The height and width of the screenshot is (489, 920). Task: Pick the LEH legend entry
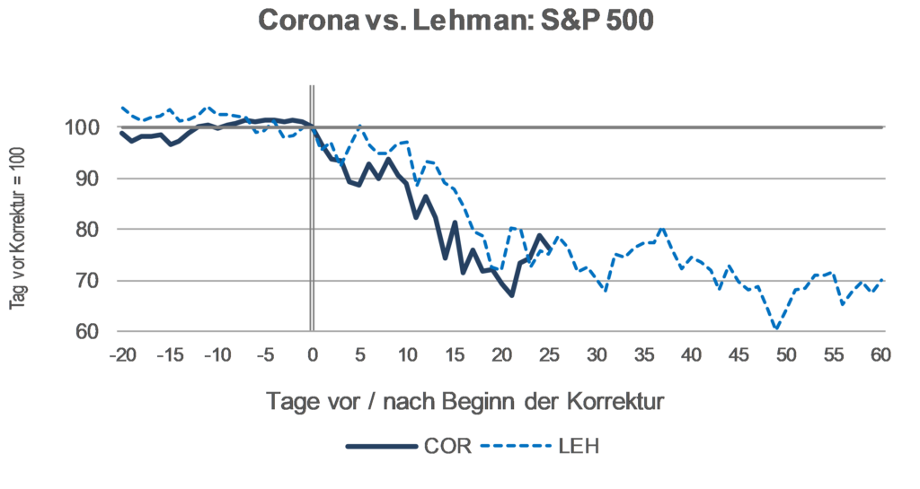[579, 446]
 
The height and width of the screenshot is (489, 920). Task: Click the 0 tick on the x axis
[312, 355]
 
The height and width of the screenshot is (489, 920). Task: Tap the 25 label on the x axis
[549, 355]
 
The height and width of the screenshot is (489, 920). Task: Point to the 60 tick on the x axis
[880, 355]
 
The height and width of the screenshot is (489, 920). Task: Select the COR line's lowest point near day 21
[511, 295]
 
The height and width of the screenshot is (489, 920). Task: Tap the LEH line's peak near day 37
[663, 229]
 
